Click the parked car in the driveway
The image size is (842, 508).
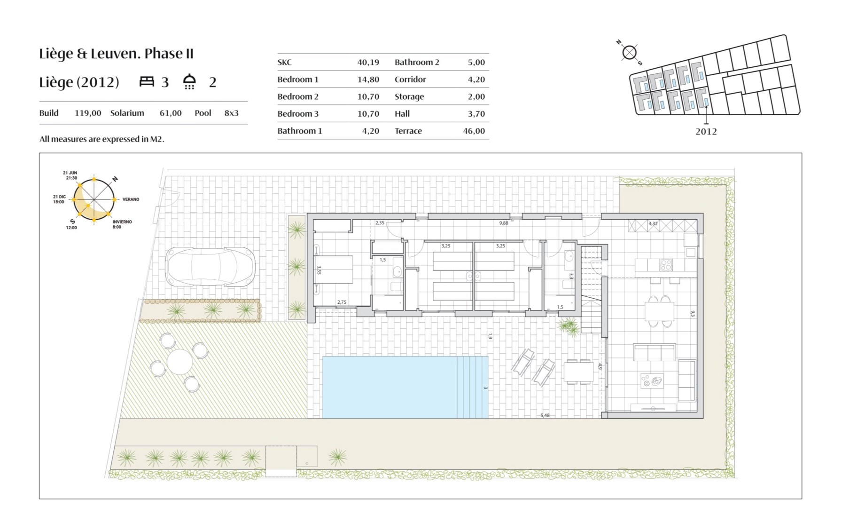coord(210,267)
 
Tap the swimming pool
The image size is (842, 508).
coord(405,387)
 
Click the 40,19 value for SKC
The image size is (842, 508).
coord(368,62)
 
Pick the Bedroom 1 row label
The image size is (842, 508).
coord(298,79)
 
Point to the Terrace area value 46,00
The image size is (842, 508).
coord(474,131)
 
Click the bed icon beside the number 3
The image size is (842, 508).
coord(147,81)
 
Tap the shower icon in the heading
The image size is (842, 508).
coord(189,81)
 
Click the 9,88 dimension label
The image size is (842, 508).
coord(504,223)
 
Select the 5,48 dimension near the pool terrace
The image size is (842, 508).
coord(545,415)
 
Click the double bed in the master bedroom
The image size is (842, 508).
coord(334,270)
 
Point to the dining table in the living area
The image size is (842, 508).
coord(659,311)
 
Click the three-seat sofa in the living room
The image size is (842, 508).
coord(654,352)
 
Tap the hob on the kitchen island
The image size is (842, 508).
coord(666,265)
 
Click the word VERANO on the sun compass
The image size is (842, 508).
coord(131,199)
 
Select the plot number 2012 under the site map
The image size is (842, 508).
coord(706,132)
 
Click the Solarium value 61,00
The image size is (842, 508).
coord(171,113)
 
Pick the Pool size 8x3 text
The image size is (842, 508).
coord(231,113)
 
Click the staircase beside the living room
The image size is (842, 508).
coord(592,289)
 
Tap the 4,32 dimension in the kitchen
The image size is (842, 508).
coord(653,223)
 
